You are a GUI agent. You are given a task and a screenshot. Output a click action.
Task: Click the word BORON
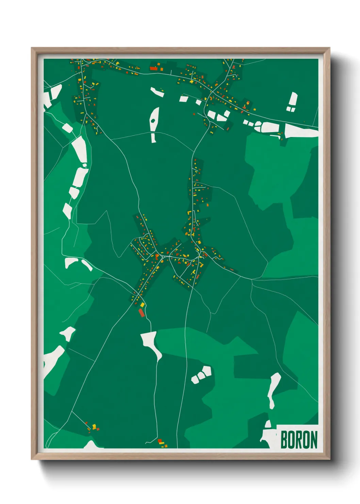point(299,440)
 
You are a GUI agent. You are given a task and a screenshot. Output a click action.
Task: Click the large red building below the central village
point(142,313)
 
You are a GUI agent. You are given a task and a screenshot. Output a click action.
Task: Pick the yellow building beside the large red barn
point(143,305)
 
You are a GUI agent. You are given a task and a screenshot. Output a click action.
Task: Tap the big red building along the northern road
point(153,68)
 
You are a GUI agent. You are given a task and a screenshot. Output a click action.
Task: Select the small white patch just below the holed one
point(153,138)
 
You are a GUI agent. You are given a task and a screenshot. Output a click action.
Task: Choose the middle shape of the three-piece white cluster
point(201,375)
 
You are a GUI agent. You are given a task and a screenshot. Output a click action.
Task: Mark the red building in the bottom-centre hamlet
point(160,441)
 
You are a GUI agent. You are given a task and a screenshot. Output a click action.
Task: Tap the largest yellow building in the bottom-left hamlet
point(94,426)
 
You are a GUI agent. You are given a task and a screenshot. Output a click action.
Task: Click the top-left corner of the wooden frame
point(32,48)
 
